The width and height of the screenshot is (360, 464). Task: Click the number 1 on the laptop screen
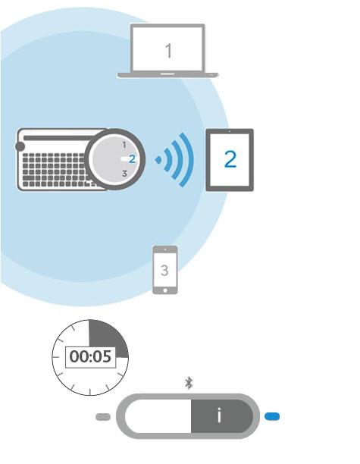(x=168, y=51)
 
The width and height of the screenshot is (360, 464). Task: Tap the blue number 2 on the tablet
(x=230, y=159)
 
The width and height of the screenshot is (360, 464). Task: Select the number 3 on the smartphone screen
(x=164, y=271)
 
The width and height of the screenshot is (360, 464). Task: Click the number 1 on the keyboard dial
(x=124, y=145)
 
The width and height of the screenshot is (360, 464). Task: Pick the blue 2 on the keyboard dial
(x=132, y=159)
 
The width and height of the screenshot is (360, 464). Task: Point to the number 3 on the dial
(x=124, y=174)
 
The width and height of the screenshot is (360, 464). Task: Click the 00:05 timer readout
(x=90, y=356)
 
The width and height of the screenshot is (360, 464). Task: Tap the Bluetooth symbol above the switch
(x=189, y=383)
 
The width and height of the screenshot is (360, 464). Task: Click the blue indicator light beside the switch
(x=272, y=417)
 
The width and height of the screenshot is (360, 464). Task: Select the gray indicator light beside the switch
(x=103, y=417)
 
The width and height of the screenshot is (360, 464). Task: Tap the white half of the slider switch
(x=158, y=416)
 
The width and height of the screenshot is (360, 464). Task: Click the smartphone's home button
(x=165, y=290)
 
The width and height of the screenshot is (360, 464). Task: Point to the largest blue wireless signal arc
(x=187, y=160)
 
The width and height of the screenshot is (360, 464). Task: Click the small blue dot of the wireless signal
(x=158, y=160)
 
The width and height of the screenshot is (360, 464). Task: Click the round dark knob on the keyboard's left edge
(x=20, y=146)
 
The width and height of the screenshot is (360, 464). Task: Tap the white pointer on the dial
(x=125, y=159)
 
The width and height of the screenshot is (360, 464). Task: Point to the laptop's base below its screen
(x=168, y=75)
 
